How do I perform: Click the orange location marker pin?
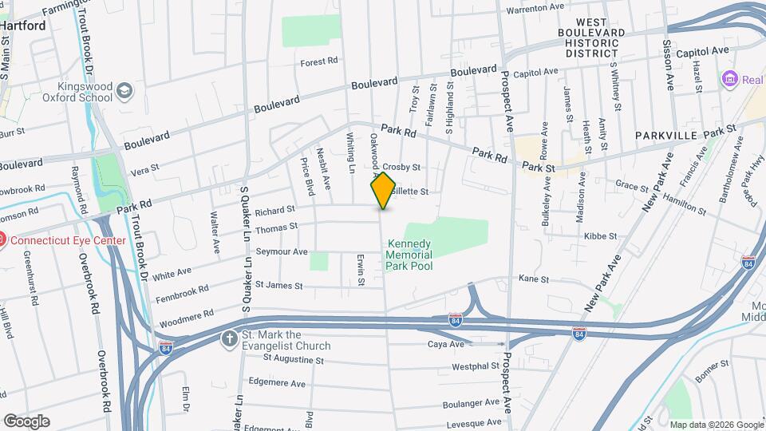pos(383,190)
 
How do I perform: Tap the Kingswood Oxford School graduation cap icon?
pos(124,91)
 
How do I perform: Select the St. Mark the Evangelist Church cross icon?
pos(230,338)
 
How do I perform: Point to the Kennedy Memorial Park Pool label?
pos(409,255)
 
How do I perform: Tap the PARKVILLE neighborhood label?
pos(667,136)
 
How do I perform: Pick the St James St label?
pos(278,284)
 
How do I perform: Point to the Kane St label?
pos(534,279)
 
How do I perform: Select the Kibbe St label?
pos(601,236)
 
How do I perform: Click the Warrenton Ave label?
pos(536,7)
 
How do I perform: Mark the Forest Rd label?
pos(319,61)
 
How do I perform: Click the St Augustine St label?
pos(294,360)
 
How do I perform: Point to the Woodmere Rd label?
pos(186,313)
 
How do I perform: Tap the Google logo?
pos(26,421)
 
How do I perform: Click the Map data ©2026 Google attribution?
pos(716,425)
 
